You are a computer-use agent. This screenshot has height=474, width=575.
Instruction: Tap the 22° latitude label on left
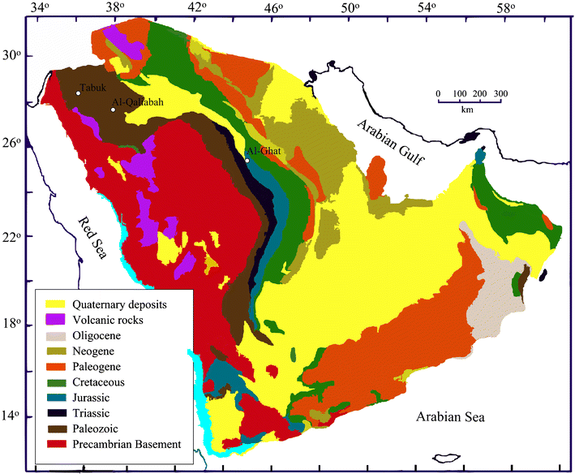pos(11,236)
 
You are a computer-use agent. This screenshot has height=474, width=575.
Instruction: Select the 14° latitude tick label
pos(11,416)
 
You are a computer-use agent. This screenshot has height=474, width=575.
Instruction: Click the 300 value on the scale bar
pos(501,94)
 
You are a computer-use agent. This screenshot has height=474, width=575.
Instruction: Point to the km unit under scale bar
pos(467,110)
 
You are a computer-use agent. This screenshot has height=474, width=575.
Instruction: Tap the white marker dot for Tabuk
pos(79,93)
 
